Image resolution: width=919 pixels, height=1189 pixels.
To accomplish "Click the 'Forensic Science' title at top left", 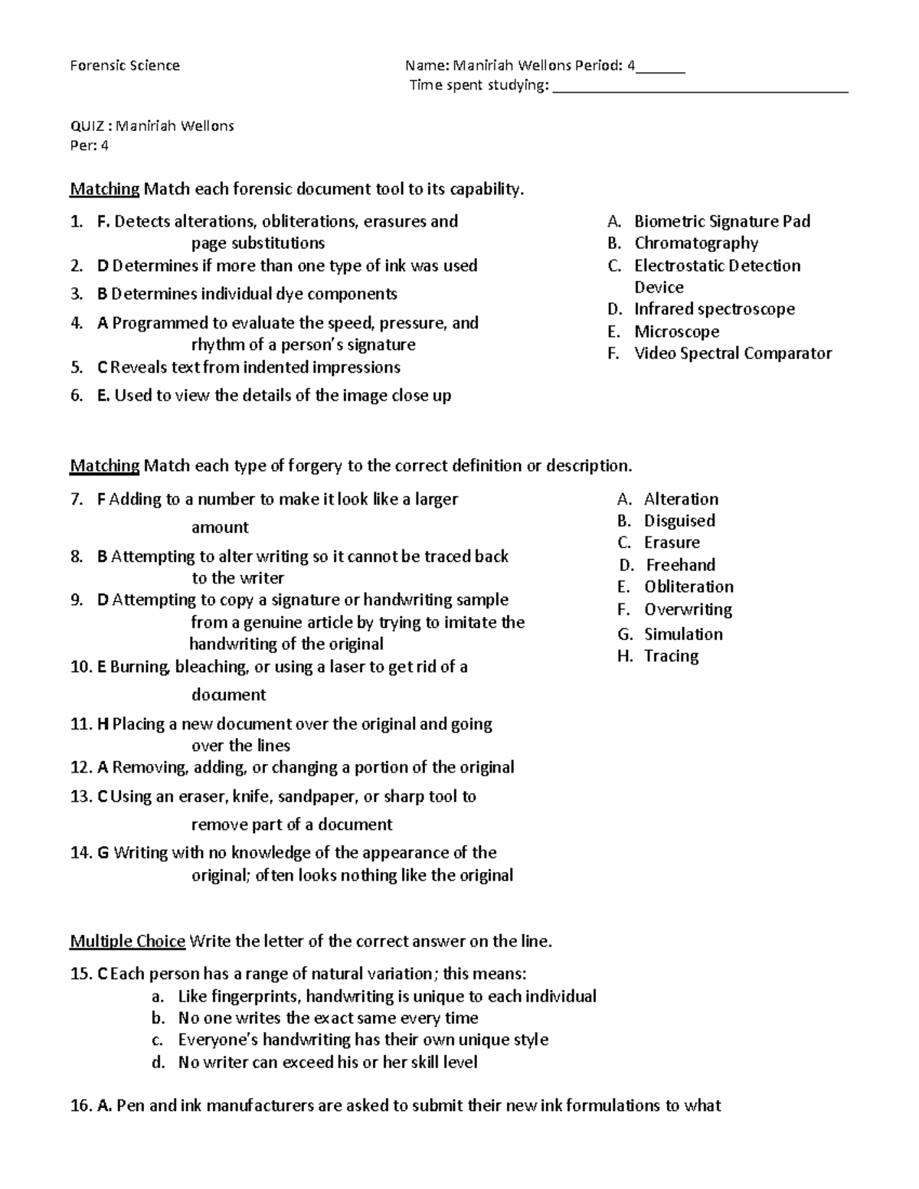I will click(x=125, y=65).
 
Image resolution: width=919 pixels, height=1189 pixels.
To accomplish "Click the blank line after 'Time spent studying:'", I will click(x=700, y=87).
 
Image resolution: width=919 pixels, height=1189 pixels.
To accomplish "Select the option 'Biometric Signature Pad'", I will click(x=721, y=221).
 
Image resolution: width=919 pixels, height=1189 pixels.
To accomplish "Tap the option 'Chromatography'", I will click(x=695, y=243).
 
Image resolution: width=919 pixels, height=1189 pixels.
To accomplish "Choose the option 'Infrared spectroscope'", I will click(x=714, y=309).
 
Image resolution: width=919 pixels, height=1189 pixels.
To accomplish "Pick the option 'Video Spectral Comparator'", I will click(x=732, y=354).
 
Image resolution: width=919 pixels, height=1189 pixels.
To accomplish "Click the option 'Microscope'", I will click(x=676, y=332).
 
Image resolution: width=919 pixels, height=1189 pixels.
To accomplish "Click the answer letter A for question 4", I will click(x=103, y=323).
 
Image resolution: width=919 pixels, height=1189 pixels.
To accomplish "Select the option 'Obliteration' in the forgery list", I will click(x=688, y=587).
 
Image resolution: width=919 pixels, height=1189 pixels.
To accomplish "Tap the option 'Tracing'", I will click(x=671, y=656).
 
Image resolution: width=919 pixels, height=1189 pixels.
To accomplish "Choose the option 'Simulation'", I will click(x=683, y=634).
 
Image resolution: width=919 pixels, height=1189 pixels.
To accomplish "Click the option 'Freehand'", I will click(x=681, y=565).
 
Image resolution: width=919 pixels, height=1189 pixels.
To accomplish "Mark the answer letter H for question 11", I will click(x=103, y=724).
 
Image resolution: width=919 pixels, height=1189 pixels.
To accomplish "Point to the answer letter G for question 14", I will click(x=103, y=853).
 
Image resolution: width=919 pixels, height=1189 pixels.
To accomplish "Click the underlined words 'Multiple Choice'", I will click(x=127, y=942).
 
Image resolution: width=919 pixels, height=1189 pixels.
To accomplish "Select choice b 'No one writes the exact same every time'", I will click(x=328, y=1018).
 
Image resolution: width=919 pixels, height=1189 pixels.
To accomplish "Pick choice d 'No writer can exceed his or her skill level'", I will click(x=327, y=1063).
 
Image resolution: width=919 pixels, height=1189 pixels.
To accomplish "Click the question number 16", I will click(x=80, y=1106).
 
